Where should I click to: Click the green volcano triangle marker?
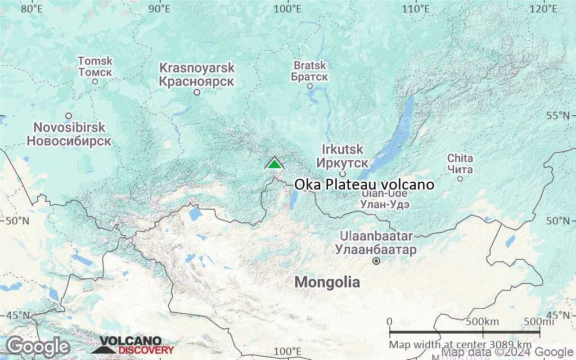click(x=274, y=164)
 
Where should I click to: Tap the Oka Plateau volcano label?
click(x=364, y=184)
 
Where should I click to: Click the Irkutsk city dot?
click(x=342, y=174)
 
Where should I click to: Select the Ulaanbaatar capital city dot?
click(x=376, y=261)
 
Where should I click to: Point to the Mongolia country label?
click(x=327, y=282)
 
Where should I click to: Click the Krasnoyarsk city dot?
click(x=197, y=92)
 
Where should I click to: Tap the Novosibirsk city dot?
click(x=69, y=116)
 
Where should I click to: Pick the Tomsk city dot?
click(x=95, y=82)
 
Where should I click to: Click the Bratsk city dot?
click(x=310, y=86)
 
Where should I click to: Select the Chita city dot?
click(x=460, y=179)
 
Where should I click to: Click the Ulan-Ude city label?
click(x=385, y=200)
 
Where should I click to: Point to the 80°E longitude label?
click(x=32, y=8)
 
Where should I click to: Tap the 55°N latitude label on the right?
click(x=560, y=116)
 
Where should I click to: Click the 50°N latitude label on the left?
click(x=17, y=220)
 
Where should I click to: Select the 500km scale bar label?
click(x=483, y=322)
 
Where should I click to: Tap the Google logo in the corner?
click(x=38, y=346)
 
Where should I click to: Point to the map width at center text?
click(x=460, y=344)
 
